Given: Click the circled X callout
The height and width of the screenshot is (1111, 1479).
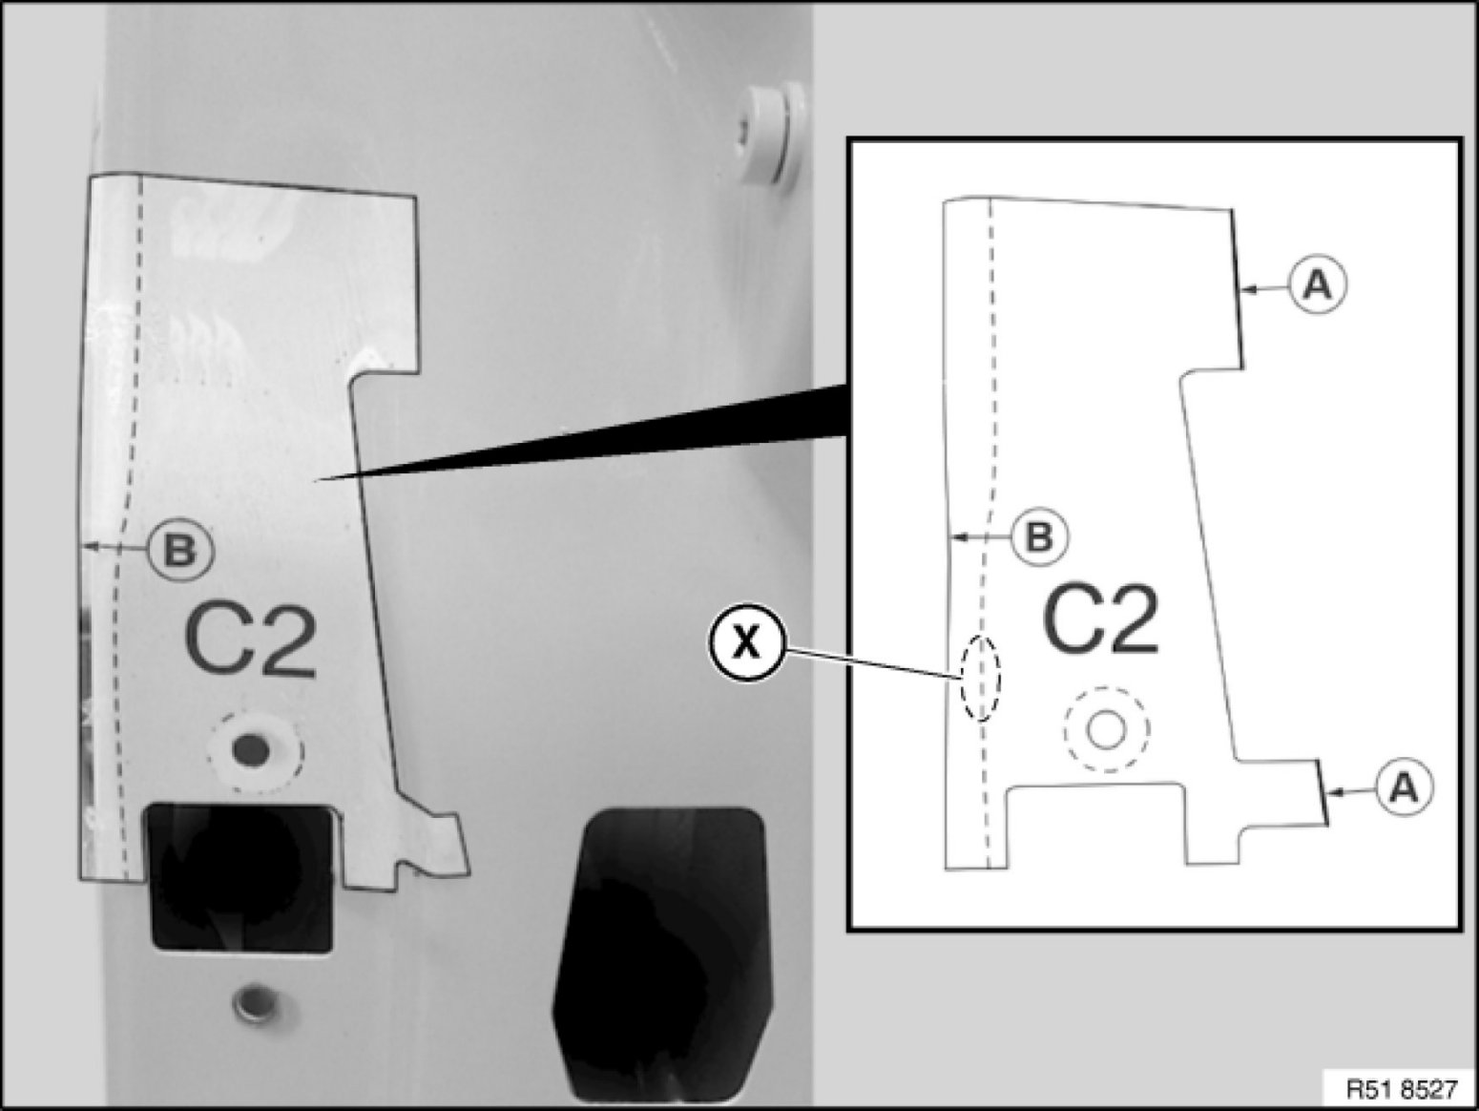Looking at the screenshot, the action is click(x=746, y=641).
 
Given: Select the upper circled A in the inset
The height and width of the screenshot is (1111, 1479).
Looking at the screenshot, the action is click(x=1319, y=285).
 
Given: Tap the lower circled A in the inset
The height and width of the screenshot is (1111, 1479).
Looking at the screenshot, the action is click(x=1405, y=787).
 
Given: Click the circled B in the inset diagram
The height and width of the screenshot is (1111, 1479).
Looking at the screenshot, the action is click(x=1040, y=537).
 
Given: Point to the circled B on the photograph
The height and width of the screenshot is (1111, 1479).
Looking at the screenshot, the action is click(x=180, y=551).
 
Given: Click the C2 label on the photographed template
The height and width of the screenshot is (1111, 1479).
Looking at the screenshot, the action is click(x=250, y=640).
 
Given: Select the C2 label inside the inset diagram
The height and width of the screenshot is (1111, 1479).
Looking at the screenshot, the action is click(x=1101, y=618).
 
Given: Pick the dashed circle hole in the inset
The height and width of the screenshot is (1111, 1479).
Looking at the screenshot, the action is click(x=1106, y=729).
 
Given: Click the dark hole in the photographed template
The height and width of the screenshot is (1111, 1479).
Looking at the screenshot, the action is click(x=251, y=748).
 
